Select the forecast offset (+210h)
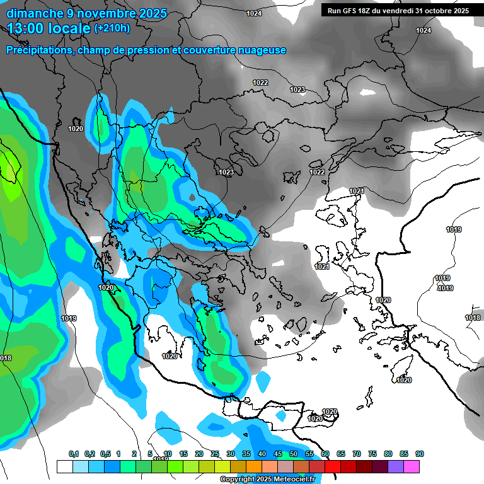(x=112, y=28)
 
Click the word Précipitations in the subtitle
(x=38, y=50)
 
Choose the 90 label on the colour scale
(x=419, y=454)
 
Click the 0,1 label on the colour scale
(x=73, y=454)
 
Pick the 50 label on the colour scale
(x=294, y=454)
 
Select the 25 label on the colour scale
(x=215, y=454)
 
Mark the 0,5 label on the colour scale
(x=105, y=454)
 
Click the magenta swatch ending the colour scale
(x=412, y=466)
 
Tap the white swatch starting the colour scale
(x=64, y=466)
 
